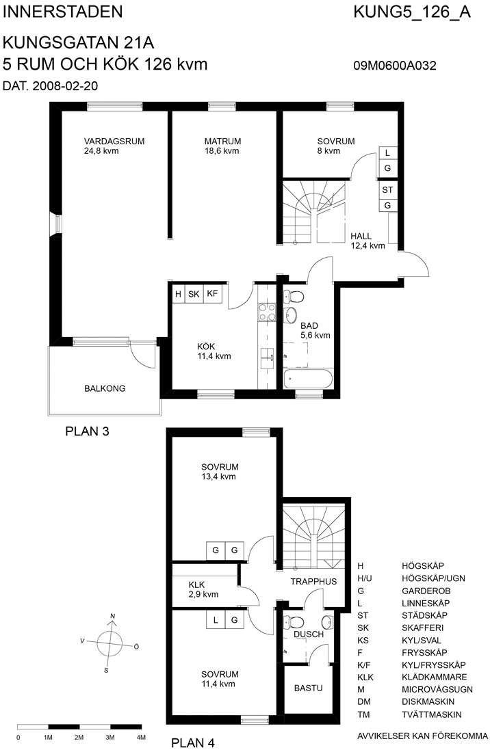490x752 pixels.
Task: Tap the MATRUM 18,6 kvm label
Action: [222, 146]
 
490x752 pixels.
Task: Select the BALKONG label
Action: [105, 388]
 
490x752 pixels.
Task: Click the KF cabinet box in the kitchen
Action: [212, 293]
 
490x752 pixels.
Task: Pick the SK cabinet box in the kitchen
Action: [194, 293]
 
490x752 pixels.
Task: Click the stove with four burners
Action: [268, 312]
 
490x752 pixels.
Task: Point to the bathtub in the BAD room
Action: [308, 379]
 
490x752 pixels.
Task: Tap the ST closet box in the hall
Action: [388, 189]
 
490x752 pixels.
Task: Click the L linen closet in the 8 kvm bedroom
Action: [388, 153]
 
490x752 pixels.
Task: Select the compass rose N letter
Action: [113, 616]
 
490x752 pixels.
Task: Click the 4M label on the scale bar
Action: [140, 737]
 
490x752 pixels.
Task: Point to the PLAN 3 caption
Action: [88, 431]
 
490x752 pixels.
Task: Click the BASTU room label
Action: [308, 688]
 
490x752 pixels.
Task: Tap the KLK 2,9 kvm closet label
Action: [203, 589]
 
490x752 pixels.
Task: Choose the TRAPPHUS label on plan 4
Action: [314, 581]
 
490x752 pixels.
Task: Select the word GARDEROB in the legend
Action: [426, 591]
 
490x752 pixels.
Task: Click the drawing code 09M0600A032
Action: [395, 65]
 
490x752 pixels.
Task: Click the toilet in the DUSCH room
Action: [294, 622]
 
